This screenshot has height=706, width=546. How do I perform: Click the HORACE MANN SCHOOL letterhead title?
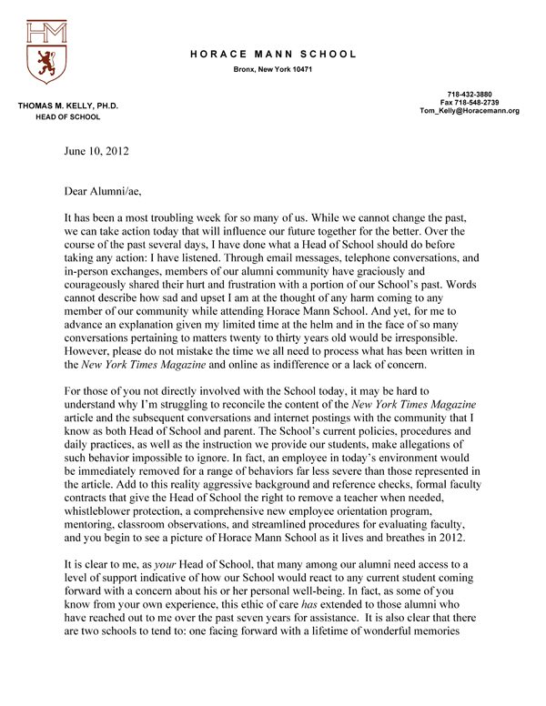click(273, 55)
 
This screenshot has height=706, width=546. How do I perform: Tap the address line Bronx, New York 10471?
click(273, 71)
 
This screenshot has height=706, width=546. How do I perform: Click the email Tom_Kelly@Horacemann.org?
click(470, 111)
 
